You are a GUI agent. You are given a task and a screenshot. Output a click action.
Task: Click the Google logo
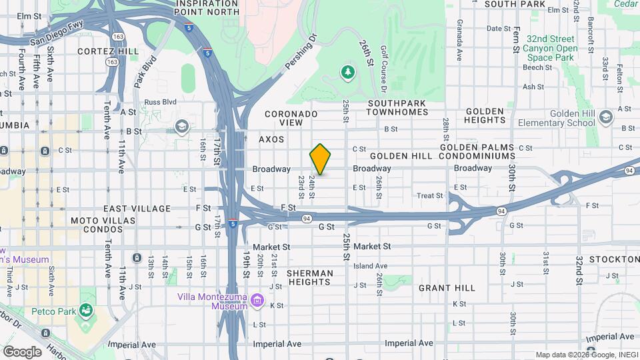click(22, 351)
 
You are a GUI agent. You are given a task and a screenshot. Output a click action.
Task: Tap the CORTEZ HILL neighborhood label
click(107, 51)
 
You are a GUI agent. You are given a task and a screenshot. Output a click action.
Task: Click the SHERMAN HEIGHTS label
click(310, 277)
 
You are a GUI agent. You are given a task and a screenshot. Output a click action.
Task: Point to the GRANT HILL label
click(447, 288)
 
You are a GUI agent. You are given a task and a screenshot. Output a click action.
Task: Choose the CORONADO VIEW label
click(291, 118)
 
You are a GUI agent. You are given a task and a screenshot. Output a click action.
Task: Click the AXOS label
click(271, 139)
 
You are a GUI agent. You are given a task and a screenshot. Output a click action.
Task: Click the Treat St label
click(430, 196)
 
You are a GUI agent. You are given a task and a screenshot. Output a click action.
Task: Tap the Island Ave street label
click(370, 266)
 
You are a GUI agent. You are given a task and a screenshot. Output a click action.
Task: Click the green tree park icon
click(347, 71)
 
